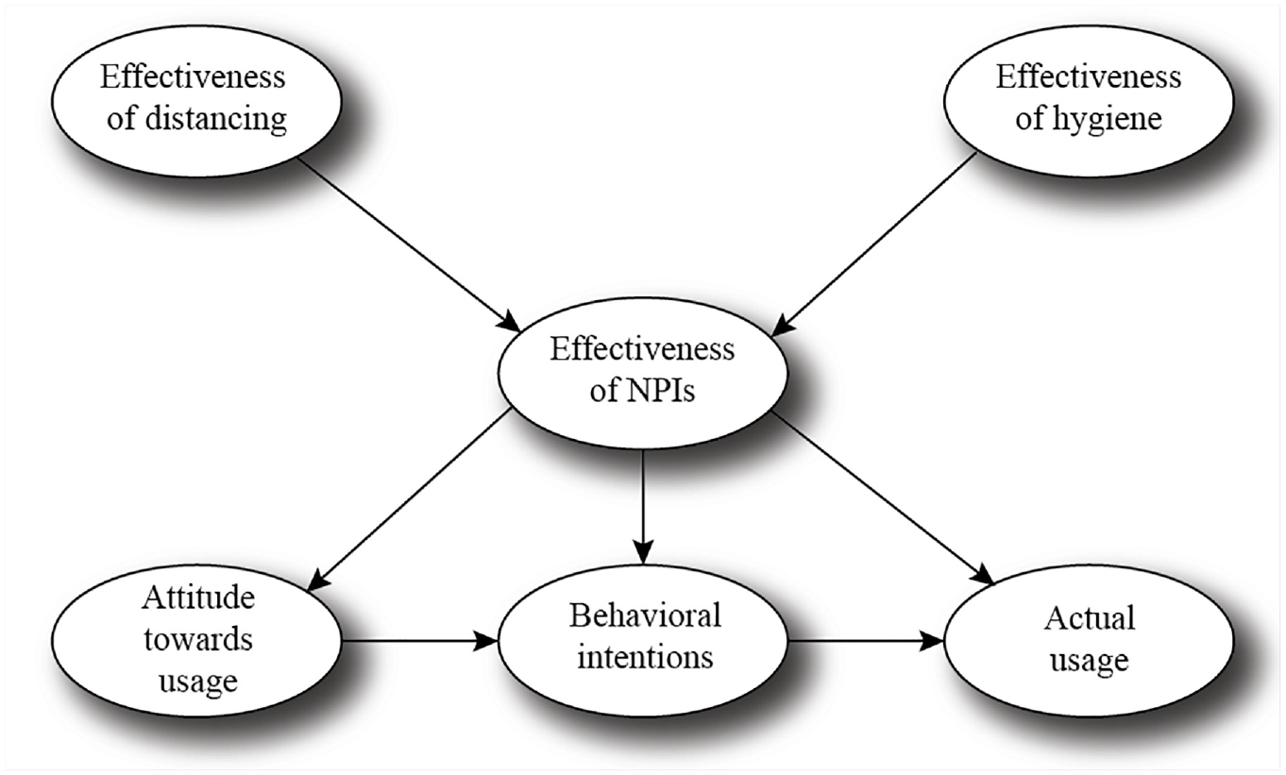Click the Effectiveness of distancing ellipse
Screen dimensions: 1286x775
click(196, 101)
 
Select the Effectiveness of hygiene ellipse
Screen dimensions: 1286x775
click(1089, 101)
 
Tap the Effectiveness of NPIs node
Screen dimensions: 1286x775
click(642, 373)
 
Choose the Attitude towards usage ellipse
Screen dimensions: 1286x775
click(196, 641)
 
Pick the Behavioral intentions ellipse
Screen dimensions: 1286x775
click(642, 641)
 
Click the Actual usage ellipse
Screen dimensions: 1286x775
click(1089, 641)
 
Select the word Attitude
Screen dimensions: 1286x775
click(198, 598)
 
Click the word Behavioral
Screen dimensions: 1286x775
click(645, 615)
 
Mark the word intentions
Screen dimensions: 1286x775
click(645, 657)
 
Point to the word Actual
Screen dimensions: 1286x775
click(1090, 619)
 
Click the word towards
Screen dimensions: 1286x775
click(198, 639)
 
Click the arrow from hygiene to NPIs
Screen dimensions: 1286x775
click(873, 244)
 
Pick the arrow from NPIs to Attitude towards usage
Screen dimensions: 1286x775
click(410, 499)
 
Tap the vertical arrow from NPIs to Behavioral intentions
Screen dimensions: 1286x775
click(642, 507)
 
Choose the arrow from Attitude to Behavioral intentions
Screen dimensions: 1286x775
click(419, 641)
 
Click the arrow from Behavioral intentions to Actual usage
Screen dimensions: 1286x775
click(866, 641)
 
